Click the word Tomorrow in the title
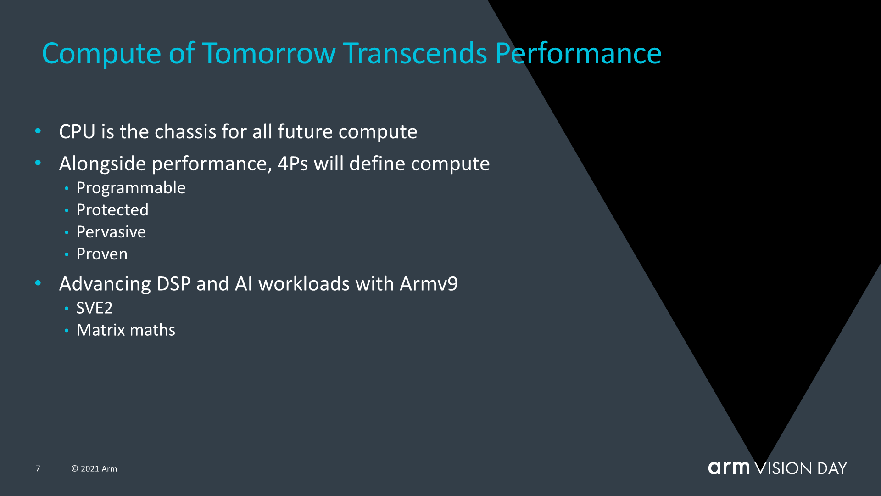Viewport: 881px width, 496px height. tap(269, 53)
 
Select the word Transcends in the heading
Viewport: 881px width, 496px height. tap(415, 53)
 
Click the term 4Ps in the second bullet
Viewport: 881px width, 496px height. tap(293, 163)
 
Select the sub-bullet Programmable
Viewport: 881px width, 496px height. tap(131, 188)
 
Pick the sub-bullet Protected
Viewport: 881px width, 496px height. tap(112, 210)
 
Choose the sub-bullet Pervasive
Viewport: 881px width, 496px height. tap(111, 232)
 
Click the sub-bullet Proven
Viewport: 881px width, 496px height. tap(102, 254)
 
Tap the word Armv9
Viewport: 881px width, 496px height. tap(429, 284)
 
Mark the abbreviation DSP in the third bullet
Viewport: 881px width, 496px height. tap(173, 284)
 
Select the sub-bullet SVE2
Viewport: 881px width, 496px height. tap(95, 308)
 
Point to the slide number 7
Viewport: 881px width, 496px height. tap(38, 468)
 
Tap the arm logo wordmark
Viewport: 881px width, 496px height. tap(729, 468)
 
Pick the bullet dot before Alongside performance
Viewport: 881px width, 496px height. tap(38, 163)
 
